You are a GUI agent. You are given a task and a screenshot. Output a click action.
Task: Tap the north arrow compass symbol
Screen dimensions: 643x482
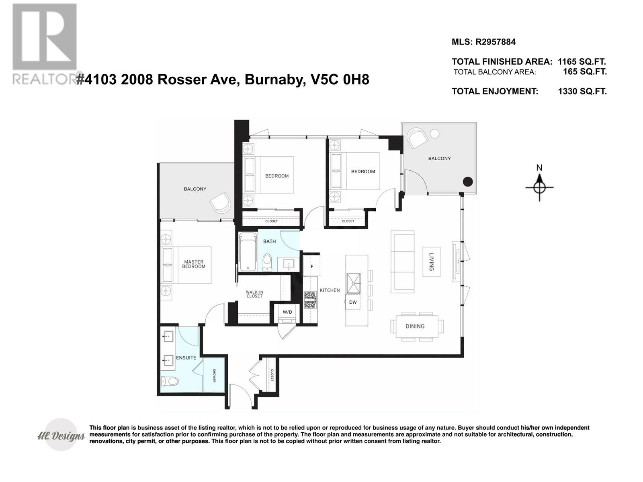539,187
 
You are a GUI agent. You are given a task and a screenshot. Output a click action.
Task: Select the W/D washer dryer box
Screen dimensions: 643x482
287,312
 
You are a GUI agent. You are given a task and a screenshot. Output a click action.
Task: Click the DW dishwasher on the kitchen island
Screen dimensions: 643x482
353,302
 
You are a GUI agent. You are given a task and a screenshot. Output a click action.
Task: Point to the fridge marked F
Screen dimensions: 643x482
312,266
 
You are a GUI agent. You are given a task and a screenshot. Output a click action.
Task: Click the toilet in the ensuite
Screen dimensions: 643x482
170,381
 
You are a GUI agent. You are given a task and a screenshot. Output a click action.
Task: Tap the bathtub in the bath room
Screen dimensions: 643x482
248,252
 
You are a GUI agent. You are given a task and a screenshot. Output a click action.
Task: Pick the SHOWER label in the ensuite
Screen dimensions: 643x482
214,376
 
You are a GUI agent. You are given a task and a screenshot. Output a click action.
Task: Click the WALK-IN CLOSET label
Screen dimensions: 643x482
254,294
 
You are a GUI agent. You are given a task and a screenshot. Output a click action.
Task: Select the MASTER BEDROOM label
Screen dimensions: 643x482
193,264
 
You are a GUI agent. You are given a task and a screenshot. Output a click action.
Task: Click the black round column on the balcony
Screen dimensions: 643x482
468,182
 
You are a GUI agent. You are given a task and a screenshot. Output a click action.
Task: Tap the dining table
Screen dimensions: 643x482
417,326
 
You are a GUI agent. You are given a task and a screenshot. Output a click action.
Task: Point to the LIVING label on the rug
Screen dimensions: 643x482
431,261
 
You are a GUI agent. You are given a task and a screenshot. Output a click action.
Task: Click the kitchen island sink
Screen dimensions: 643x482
354,283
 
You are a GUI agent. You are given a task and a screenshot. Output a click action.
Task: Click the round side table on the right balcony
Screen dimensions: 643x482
435,134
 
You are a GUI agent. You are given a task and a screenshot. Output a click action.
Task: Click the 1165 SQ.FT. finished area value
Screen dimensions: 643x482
582,62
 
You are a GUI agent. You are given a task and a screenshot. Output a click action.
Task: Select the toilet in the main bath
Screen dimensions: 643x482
267,263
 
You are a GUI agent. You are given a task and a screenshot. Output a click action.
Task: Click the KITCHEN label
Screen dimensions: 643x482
330,290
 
